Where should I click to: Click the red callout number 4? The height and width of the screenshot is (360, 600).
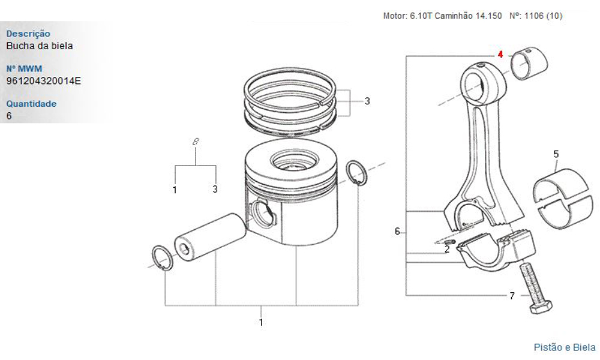point(500,55)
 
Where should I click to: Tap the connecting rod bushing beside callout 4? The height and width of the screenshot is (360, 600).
point(530,64)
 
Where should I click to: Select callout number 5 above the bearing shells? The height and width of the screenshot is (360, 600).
point(556,154)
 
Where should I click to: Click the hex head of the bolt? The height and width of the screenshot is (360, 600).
point(541,307)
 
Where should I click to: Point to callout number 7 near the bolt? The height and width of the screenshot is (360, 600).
point(512,296)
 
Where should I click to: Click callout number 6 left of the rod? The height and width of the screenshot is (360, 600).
point(397,232)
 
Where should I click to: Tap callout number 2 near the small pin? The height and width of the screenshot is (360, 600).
point(447,250)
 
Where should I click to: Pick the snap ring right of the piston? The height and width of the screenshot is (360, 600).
point(356,173)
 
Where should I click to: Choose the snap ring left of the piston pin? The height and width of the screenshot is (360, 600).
point(163,258)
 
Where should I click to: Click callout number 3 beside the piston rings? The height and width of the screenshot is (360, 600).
point(367,101)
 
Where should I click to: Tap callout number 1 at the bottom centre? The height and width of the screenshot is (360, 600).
point(261,323)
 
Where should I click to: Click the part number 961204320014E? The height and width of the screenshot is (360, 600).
point(44,81)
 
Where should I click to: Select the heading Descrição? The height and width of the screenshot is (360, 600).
point(28,34)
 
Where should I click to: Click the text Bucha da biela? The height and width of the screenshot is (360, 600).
point(40,46)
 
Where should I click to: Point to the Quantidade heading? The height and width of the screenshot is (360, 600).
point(31,104)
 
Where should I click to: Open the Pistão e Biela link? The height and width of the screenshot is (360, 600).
point(565,347)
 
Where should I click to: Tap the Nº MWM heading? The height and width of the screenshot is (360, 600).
point(24,69)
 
